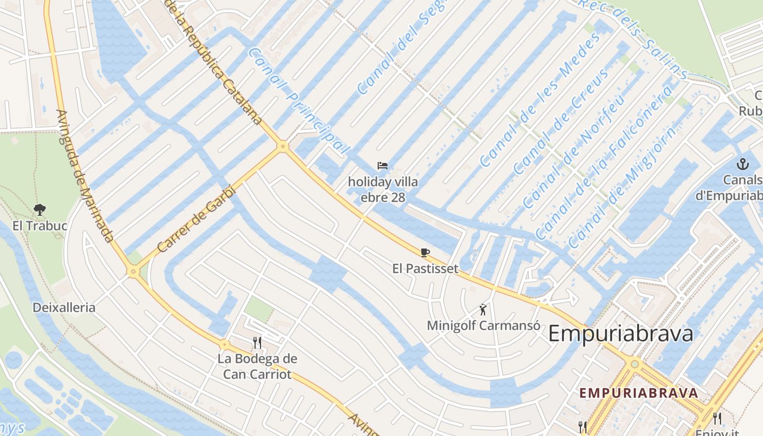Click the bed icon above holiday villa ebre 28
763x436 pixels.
tap(383, 166)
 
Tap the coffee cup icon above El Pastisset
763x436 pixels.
tap(425, 252)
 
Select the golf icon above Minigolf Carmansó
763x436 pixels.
tap(483, 310)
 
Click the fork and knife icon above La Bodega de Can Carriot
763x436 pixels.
tap(257, 342)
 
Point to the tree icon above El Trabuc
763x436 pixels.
tap(39, 209)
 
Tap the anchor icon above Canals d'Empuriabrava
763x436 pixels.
tap(742, 163)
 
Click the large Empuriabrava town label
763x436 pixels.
tap(620, 334)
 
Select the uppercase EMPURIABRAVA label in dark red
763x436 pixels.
tap(638, 393)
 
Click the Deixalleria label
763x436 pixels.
tap(64, 307)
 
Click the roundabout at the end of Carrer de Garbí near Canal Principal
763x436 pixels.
tap(282, 146)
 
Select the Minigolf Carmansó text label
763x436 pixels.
tap(483, 326)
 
